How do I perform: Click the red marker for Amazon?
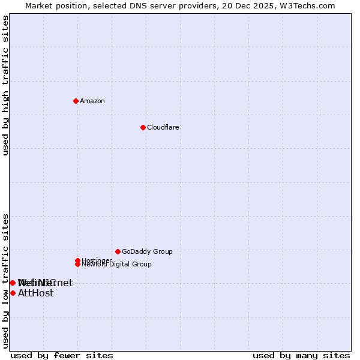click(x=76, y=101)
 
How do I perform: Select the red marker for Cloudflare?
click(x=143, y=127)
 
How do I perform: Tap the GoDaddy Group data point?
click(x=118, y=251)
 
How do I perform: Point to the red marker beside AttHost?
click(x=13, y=293)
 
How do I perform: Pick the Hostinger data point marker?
click(x=77, y=260)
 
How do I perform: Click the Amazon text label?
click(x=92, y=101)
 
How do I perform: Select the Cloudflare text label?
click(x=163, y=127)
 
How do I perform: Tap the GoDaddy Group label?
click(x=147, y=251)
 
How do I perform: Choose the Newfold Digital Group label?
click(x=117, y=265)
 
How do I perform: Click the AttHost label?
click(x=36, y=293)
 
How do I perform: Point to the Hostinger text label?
click(x=96, y=260)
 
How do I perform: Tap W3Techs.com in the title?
click(x=305, y=6)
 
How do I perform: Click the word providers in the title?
click(x=188, y=6)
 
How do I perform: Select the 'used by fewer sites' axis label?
click(x=62, y=355)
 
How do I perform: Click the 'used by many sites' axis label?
click(x=301, y=355)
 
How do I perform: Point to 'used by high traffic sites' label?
click(x=5, y=85)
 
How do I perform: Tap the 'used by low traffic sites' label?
click(x=5, y=281)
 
